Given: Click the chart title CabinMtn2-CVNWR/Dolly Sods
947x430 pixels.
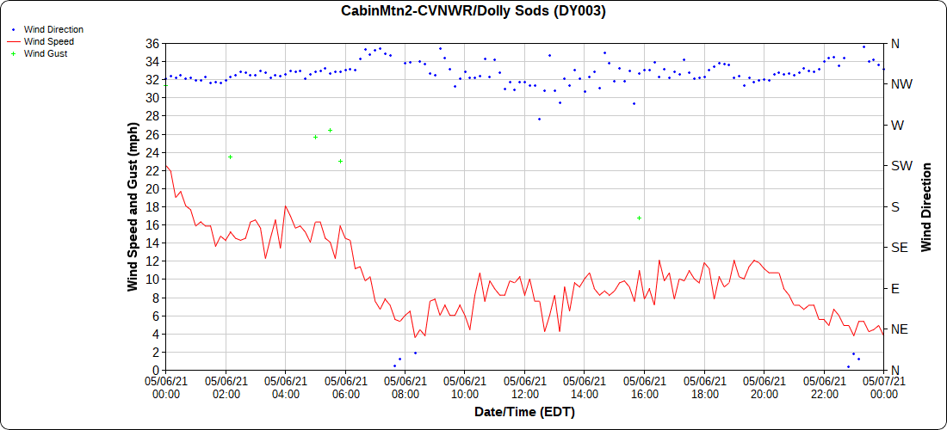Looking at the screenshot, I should [473, 11].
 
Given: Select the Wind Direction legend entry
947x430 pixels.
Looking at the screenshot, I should [53, 29].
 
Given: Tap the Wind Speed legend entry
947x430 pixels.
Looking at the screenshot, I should [48, 41].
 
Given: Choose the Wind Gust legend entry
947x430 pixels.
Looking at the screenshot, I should [46, 53].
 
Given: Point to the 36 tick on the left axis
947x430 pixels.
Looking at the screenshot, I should [152, 44].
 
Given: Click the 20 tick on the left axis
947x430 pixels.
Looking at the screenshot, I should [152, 188].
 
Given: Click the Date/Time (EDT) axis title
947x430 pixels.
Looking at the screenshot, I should [524, 412].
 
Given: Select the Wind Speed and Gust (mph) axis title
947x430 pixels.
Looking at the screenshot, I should [133, 206].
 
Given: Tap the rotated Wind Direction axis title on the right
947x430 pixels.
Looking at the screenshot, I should [927, 206].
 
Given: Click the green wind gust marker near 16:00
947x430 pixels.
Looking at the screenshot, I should [640, 218].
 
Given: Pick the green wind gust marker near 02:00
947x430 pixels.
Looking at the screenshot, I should [231, 157].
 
